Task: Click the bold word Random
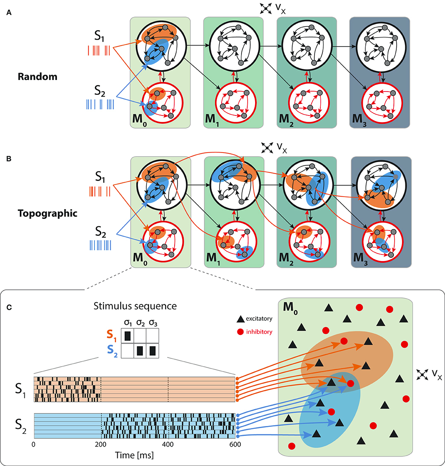pyautogui.click(x=37, y=77)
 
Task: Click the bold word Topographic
pyautogui.click(x=48, y=214)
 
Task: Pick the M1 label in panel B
pyautogui.click(x=213, y=258)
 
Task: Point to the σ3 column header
pyautogui.click(x=153, y=323)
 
